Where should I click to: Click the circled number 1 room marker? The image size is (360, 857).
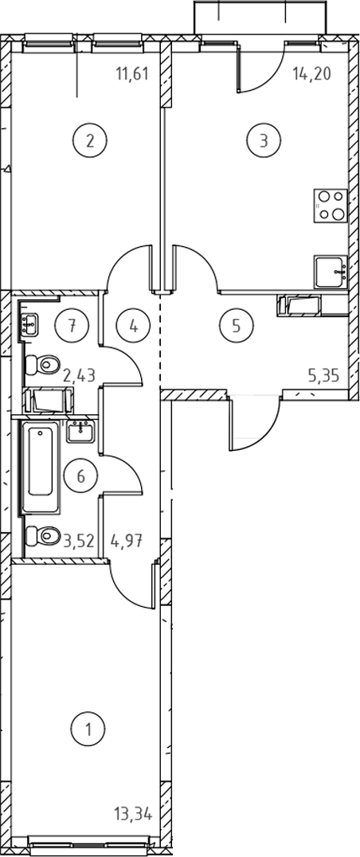tap(88, 729)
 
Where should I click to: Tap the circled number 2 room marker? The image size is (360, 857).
tap(90, 141)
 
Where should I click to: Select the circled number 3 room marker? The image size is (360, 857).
tap(264, 141)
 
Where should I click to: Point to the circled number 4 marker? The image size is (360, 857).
tap(133, 326)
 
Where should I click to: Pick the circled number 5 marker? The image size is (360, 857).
tap(237, 326)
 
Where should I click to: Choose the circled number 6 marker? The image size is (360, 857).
tap(81, 476)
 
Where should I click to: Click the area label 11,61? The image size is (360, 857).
tap(132, 73)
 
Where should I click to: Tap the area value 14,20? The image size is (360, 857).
tap(312, 73)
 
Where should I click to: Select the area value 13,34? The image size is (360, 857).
tap(133, 816)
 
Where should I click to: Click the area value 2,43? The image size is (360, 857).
tap(80, 375)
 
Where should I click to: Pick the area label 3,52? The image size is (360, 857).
tap(80, 542)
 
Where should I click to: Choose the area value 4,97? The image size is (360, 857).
tap(127, 542)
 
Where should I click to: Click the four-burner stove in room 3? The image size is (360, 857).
tap(331, 205)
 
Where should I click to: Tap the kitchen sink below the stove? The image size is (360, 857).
tap(331, 271)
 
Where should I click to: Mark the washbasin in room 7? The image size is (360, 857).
tap(29, 325)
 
